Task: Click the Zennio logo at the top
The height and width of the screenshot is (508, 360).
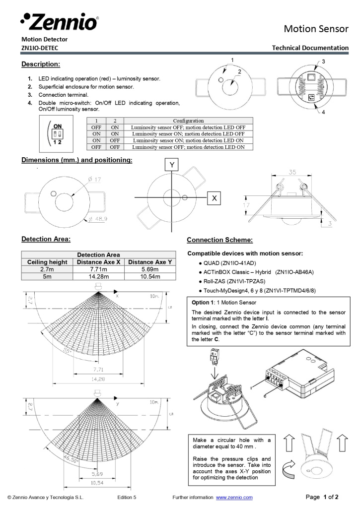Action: click(x=59, y=21)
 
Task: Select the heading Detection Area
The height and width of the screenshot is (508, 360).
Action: click(x=46, y=239)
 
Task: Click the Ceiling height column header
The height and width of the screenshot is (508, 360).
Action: click(x=47, y=262)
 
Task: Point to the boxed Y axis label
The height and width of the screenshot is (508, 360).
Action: click(x=171, y=164)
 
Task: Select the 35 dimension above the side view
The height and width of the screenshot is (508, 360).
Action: click(x=292, y=173)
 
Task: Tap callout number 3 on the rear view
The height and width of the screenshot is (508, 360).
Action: click(x=323, y=62)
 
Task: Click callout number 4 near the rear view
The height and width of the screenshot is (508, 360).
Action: click(x=323, y=112)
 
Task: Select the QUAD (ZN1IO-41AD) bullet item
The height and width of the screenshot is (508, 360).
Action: click(x=229, y=263)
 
